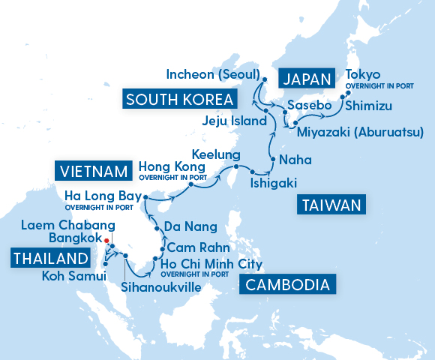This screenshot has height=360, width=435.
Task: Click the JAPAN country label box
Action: coord(304,78)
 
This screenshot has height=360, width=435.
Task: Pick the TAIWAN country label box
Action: coord(332,205)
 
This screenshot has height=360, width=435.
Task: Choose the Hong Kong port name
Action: coord(172,166)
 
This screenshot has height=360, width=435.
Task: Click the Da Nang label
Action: coord(190,226)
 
